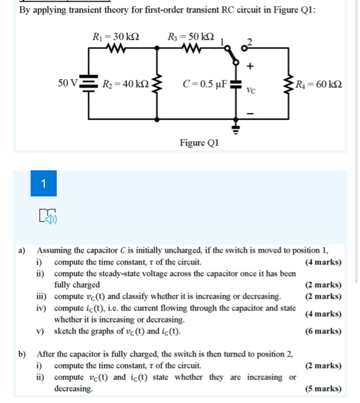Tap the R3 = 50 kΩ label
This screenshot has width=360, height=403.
[x=190, y=37]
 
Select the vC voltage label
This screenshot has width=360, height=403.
[x=250, y=90]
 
